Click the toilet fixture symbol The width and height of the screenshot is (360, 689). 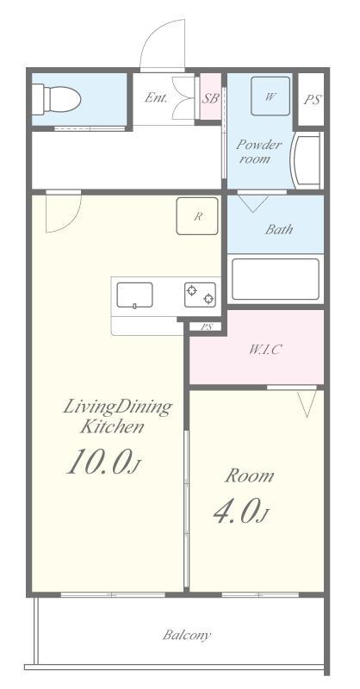point(57,99)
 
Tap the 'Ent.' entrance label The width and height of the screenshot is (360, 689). point(156,97)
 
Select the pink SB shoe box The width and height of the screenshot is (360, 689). point(210,96)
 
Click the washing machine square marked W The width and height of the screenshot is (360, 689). point(270,96)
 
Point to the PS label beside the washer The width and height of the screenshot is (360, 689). point(312,99)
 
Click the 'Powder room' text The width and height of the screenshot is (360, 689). point(258,152)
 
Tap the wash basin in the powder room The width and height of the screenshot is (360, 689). point(307,160)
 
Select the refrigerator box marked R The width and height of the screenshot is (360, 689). point(197,216)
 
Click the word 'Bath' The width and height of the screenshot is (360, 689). point(279,229)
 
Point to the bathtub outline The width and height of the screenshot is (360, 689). point(275,279)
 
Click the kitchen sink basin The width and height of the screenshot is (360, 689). point(134,295)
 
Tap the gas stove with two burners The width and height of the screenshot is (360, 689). point(200,295)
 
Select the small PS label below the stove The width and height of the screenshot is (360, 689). point(205,326)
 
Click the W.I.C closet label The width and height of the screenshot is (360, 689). point(265,350)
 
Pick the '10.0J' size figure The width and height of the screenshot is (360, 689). point(103,462)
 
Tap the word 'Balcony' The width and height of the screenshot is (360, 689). point(186,635)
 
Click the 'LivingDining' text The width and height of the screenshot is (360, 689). point(117,407)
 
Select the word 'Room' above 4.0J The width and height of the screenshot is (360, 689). point(249,476)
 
